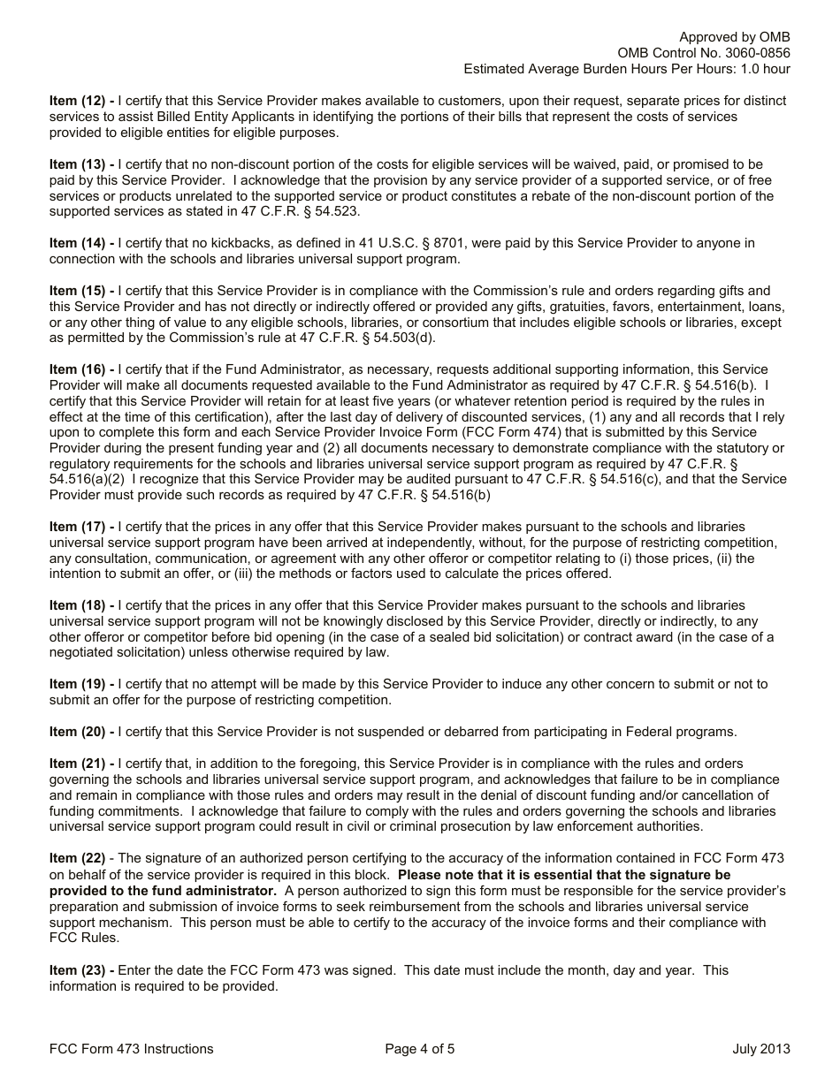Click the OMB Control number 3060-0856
(756, 53)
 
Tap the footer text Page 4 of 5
(420, 1049)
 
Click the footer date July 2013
(760, 1049)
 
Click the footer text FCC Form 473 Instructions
(132, 1049)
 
